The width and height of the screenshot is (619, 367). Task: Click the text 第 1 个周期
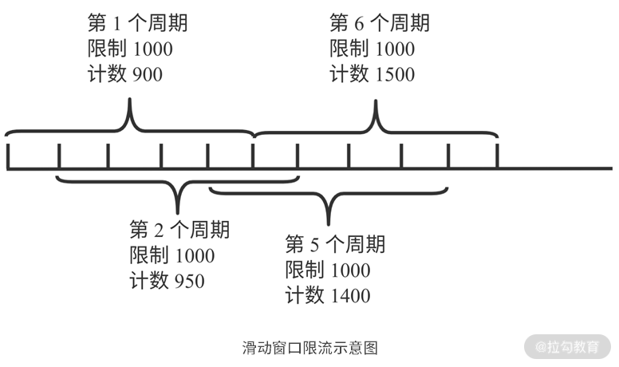point(137,23)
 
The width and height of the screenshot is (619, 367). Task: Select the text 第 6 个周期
point(379,23)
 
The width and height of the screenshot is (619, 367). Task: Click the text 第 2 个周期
point(179,231)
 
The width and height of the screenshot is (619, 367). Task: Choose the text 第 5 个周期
point(335,244)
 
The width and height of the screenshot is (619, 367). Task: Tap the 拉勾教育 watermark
point(567,347)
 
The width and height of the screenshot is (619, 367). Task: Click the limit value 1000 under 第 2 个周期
point(192,256)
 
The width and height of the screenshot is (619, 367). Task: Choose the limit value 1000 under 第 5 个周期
point(348,270)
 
